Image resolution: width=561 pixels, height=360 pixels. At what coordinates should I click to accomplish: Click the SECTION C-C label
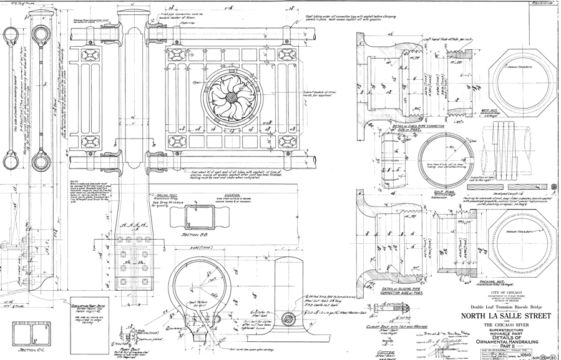pyautogui.click(x=28, y=350)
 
